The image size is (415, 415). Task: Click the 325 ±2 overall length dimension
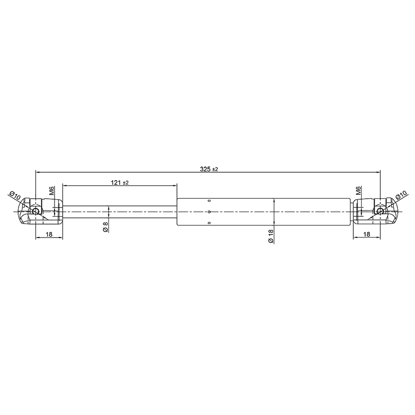point(209,169)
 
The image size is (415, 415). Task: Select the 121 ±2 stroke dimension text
point(120,183)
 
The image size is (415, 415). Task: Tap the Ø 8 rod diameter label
point(106,227)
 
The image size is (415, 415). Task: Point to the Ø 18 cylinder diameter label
point(270,237)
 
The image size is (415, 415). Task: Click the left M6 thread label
point(52,190)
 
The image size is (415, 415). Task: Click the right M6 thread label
point(358,190)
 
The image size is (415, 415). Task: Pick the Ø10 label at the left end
point(15,196)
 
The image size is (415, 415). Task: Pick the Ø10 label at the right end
point(400,196)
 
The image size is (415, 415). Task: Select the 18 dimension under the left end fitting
point(49,234)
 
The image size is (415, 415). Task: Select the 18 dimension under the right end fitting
point(367,234)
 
